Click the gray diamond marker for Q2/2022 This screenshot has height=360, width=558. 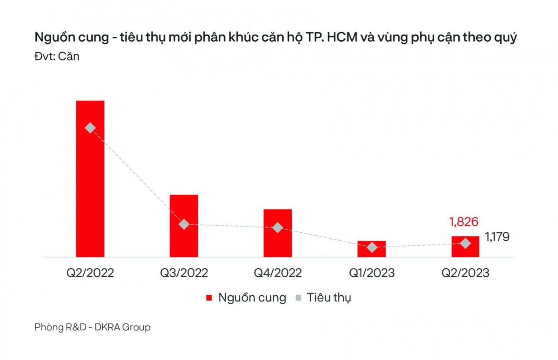(90, 128)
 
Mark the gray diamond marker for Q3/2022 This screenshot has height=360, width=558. (184, 224)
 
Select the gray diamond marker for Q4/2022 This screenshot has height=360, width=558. (278, 228)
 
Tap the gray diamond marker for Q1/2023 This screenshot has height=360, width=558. (372, 247)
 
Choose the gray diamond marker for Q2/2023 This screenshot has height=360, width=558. (465, 243)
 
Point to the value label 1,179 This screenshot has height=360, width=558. (497, 237)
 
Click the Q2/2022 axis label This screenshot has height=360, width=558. (90, 273)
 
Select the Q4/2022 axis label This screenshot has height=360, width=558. (278, 273)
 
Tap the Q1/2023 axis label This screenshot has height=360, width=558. (372, 273)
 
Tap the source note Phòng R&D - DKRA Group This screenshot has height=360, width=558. (93, 327)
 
